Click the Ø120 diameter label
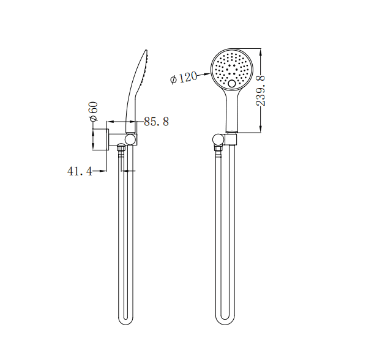pos(184,78)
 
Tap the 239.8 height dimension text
pos(261,90)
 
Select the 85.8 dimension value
pos(156,122)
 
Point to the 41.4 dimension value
pos(79,172)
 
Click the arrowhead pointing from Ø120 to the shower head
pos(208,72)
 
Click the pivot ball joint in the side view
pos(129,139)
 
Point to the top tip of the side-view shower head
pos(146,51)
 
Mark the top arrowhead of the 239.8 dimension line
pos(262,51)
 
